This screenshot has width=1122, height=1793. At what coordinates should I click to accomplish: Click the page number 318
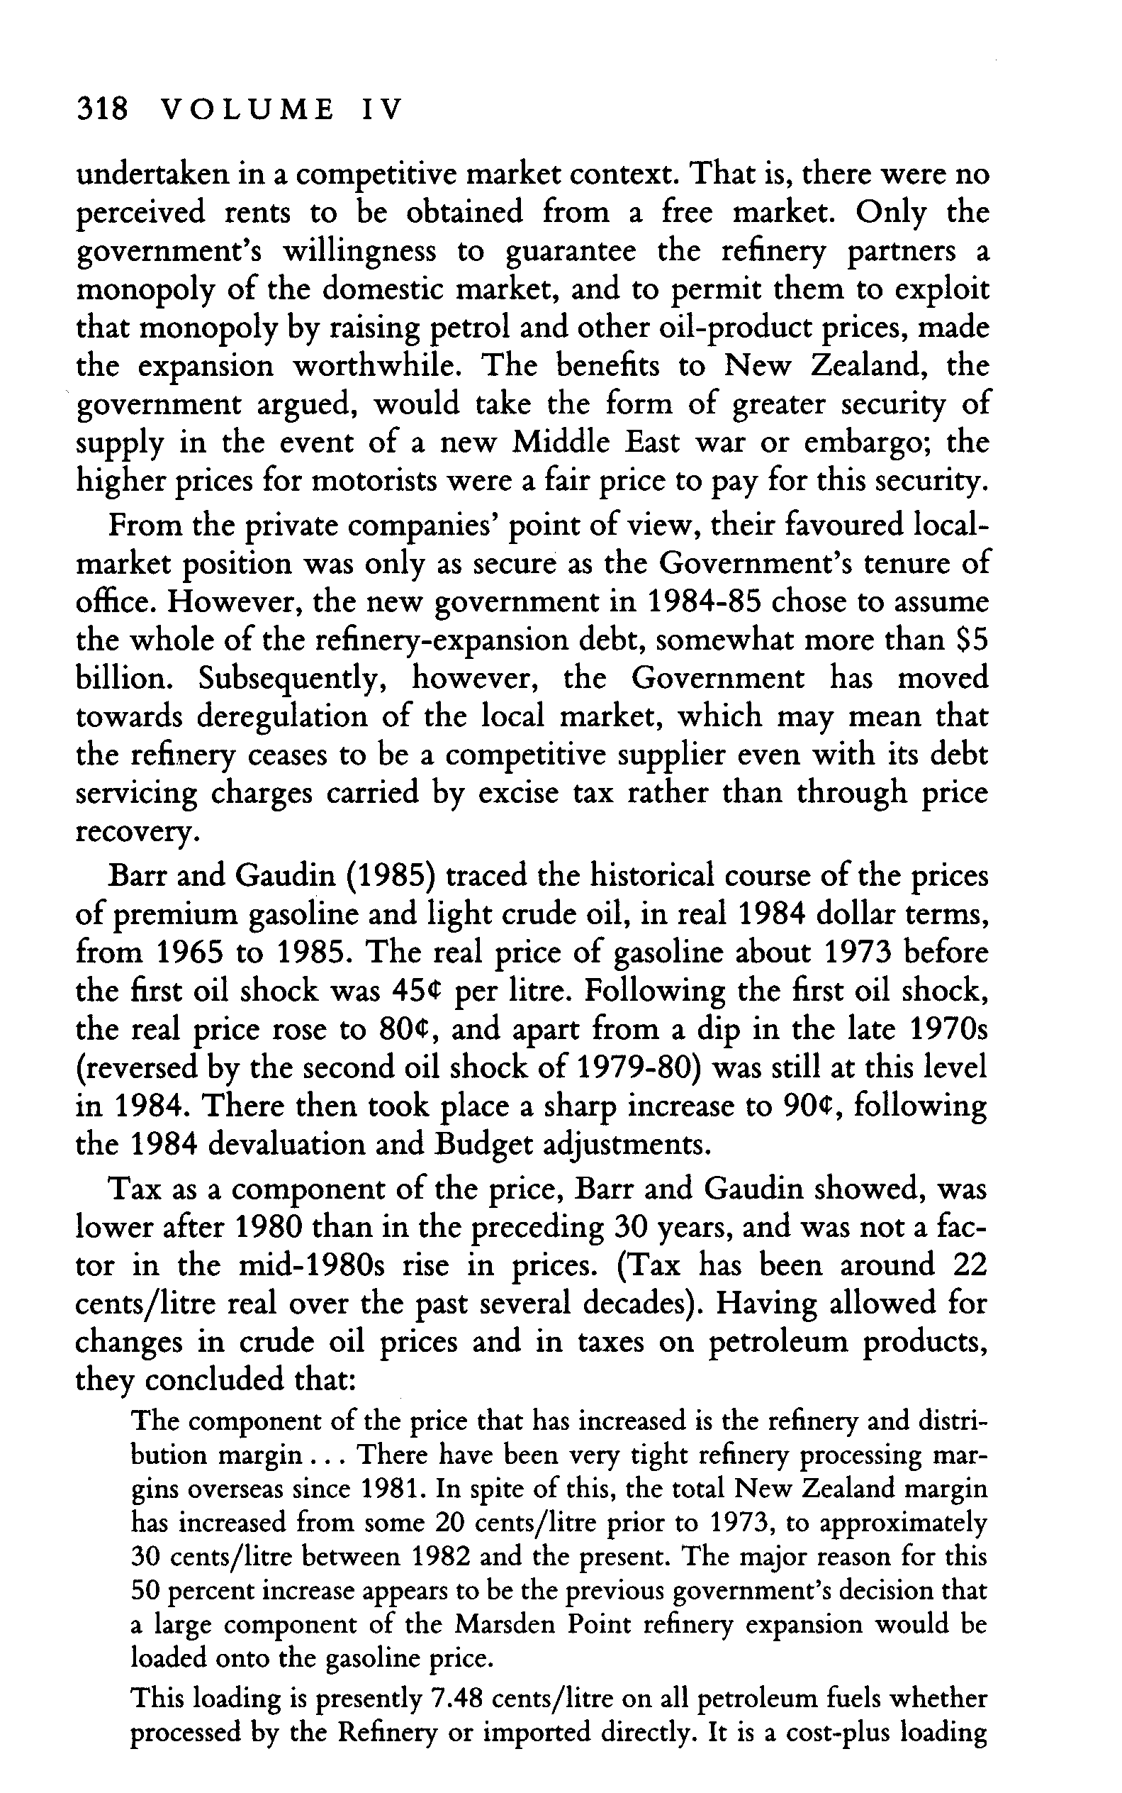click(x=103, y=111)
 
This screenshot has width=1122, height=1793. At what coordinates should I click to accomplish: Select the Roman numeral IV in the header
click(x=381, y=111)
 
